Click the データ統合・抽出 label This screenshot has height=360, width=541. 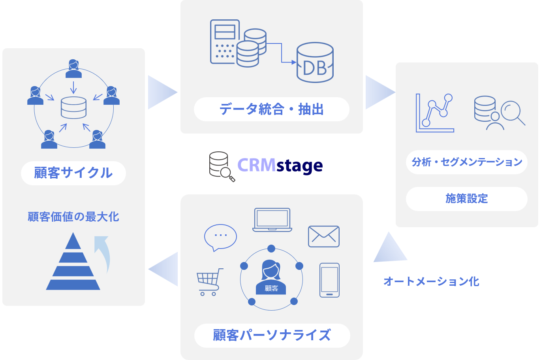click(271, 109)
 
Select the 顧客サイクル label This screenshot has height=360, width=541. click(73, 173)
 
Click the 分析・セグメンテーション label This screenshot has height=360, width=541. click(467, 162)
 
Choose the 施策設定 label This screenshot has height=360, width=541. click(467, 199)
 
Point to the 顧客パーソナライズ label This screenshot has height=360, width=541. click(272, 335)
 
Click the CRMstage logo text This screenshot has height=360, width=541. click(280, 165)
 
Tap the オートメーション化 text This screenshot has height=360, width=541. click(431, 281)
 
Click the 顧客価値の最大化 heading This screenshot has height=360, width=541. click(73, 217)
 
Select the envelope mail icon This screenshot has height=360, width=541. click(323, 236)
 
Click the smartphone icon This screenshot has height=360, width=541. click(329, 280)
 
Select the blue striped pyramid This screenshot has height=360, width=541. click(73, 262)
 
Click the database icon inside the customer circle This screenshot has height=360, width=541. click(73, 107)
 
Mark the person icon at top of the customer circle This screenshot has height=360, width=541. click(73, 69)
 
